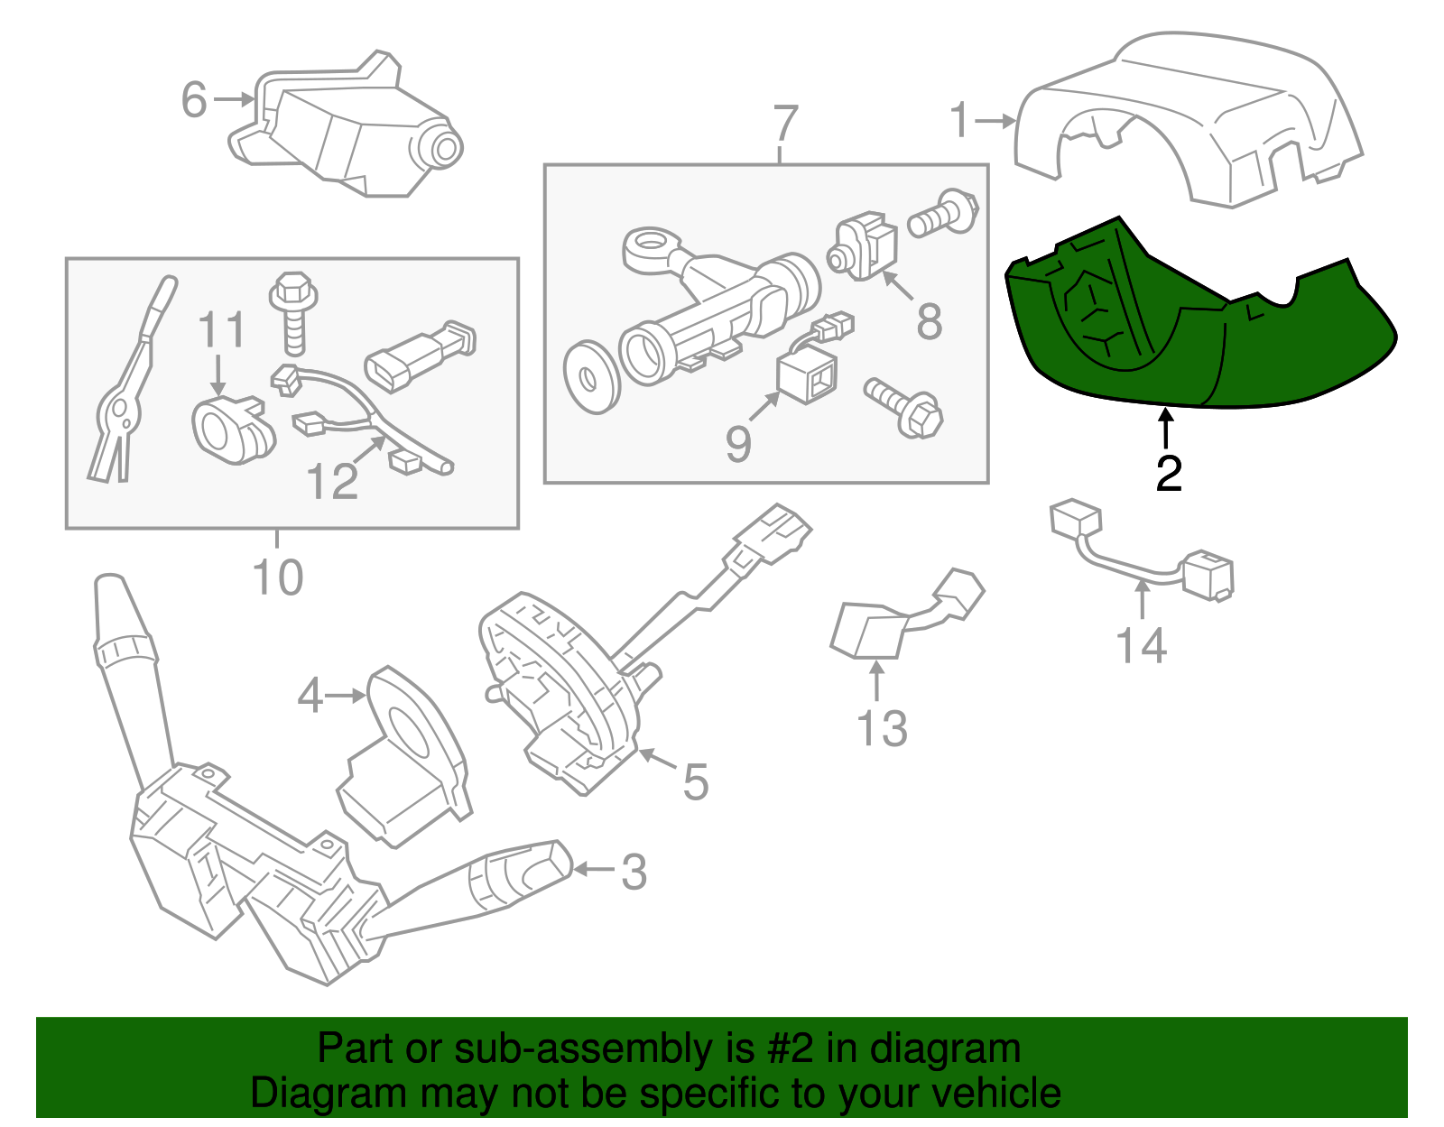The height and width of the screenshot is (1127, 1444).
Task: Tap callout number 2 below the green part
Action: click(1168, 474)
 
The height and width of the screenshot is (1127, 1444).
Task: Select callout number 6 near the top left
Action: click(194, 99)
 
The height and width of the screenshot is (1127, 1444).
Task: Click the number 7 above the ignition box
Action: click(785, 124)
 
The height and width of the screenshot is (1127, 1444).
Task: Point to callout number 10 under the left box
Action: click(277, 577)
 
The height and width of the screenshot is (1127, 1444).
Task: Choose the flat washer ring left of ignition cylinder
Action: click(591, 376)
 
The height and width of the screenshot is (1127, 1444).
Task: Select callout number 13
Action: click(881, 728)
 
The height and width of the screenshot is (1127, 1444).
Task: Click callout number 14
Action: click(1141, 646)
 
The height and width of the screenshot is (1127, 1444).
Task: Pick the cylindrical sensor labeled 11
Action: click(230, 430)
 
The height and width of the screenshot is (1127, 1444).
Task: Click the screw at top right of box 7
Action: click(943, 215)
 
